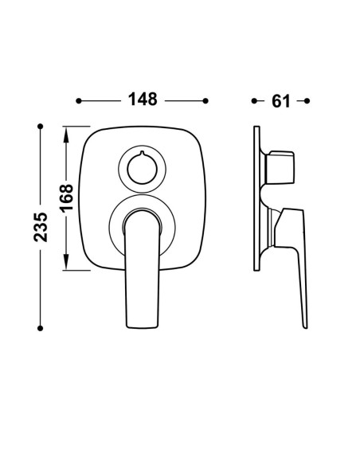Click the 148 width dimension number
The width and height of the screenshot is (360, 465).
pyautogui.click(x=143, y=100)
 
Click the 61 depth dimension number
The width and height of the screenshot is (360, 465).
pyautogui.click(x=281, y=101)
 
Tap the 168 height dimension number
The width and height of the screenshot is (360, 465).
pyautogui.click(x=66, y=197)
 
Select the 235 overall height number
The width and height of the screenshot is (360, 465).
pyautogui.click(x=41, y=227)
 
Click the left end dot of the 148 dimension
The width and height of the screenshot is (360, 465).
pyautogui.click(x=79, y=101)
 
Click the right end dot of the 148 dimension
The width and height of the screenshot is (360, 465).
pyautogui.click(x=205, y=101)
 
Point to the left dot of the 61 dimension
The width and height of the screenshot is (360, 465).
pyautogui.click(x=254, y=101)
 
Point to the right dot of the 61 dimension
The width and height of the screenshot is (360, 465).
pyautogui.click(x=307, y=101)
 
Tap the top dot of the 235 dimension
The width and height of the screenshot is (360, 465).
pyautogui.click(x=41, y=127)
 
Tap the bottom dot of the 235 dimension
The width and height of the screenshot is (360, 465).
pyautogui.click(x=41, y=328)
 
